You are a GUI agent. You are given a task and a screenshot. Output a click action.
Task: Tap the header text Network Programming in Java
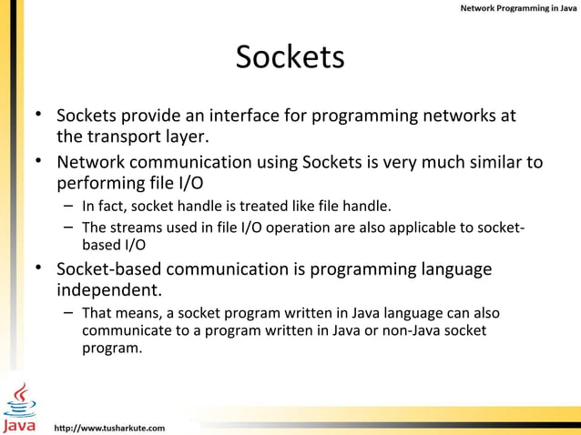(516, 8)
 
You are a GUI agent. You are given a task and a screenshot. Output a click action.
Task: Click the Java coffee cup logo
(20, 407)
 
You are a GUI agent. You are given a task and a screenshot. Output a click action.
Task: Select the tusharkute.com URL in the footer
(110, 426)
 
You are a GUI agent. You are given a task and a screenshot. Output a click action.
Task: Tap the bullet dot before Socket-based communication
(39, 268)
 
